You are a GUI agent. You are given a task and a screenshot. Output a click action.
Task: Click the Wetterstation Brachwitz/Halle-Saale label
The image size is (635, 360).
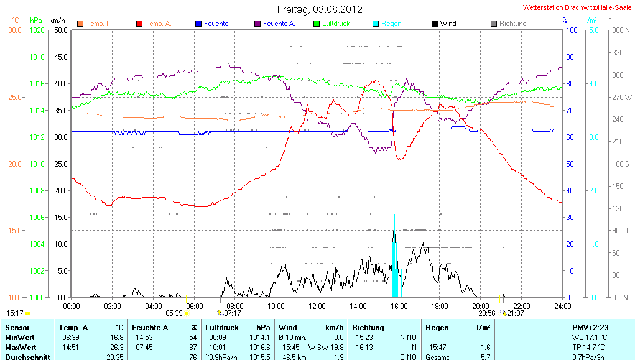pos(577,9)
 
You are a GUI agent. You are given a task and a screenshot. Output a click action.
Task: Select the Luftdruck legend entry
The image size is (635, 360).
pos(336,24)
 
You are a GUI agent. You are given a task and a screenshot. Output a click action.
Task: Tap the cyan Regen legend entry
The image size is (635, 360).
pos(391,24)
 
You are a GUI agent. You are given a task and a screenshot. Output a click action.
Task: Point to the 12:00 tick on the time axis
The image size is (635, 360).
pos(317,306)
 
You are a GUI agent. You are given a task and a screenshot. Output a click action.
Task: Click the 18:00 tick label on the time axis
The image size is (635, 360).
pos(440,306)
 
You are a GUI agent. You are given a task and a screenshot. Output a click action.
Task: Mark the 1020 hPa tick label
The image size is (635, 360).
pos(38,30)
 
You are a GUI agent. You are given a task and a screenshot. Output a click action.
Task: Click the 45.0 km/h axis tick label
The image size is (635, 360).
pos(61,57)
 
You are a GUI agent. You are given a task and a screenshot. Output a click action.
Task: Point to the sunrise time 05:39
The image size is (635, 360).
pos(174,313)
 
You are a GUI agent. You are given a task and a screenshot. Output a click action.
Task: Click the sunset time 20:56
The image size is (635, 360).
pos(487,313)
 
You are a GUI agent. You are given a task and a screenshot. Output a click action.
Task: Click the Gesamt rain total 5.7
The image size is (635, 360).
pos(484,357)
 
